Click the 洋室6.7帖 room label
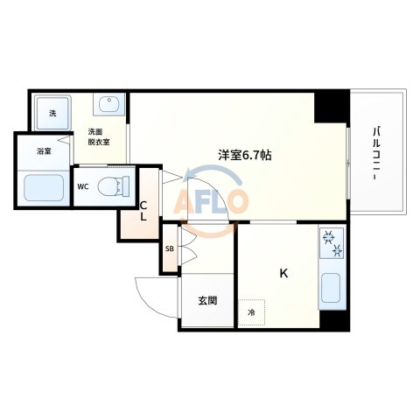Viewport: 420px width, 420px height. pos(244,155)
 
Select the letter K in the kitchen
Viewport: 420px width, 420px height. pos(283,274)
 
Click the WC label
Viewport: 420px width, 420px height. pos(83,186)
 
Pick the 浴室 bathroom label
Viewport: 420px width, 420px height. pos(44,151)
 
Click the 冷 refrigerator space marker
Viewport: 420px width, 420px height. pos(251,312)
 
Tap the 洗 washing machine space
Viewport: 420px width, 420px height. pos(52,113)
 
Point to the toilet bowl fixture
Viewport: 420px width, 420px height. pos(111,185)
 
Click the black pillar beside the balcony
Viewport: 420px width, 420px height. pos(332,106)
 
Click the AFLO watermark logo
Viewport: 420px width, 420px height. pos(212,203)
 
